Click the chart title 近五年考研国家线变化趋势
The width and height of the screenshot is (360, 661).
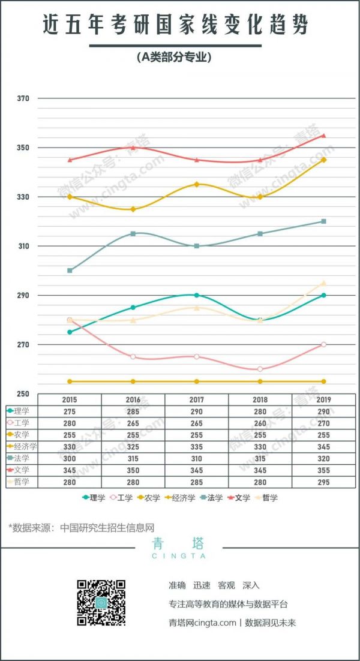tap(176, 25)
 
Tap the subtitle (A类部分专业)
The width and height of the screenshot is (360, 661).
tap(175, 58)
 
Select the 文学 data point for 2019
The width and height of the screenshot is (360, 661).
tap(323, 136)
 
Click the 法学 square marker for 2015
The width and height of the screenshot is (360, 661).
tap(70, 271)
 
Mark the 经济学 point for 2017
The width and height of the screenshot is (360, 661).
tap(196, 184)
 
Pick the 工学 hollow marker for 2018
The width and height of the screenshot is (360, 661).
tap(260, 369)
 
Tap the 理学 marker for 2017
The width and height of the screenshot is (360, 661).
tap(196, 295)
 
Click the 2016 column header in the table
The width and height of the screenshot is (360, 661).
tap(133, 399)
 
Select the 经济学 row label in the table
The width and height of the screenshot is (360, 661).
tap(25, 446)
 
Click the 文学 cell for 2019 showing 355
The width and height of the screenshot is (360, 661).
tap(323, 470)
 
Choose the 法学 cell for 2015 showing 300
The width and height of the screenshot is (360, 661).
tap(70, 458)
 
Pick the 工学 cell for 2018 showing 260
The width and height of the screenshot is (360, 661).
tap(260, 423)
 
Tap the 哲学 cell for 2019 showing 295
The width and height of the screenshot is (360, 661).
tap(323, 482)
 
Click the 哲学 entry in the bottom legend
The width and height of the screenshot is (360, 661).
tap(266, 498)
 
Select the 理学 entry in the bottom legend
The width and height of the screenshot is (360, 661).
tap(94, 498)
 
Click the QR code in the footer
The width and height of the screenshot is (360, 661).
tap(101, 603)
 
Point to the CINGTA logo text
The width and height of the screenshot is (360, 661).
tap(179, 556)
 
